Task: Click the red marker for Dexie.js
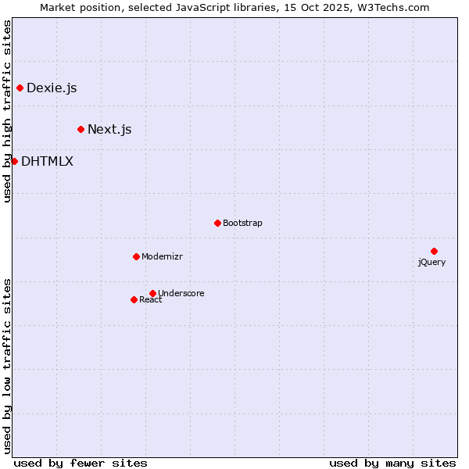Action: (20, 88)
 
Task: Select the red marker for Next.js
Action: (81, 129)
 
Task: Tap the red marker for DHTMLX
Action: (14, 161)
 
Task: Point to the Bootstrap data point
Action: (217, 223)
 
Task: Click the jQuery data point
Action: (434, 251)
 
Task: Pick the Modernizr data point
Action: (136, 256)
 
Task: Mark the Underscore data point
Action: (152, 293)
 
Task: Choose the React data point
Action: (134, 299)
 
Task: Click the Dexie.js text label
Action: (52, 88)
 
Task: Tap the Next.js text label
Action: (109, 129)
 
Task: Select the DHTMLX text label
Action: (47, 162)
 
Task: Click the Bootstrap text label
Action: (242, 223)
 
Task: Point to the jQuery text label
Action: (431, 262)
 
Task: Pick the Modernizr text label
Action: (162, 256)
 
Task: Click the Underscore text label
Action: (181, 293)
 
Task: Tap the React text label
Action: (150, 300)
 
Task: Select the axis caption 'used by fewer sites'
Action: (81, 463)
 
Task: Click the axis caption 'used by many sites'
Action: (392, 463)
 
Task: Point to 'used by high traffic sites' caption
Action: (8, 111)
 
